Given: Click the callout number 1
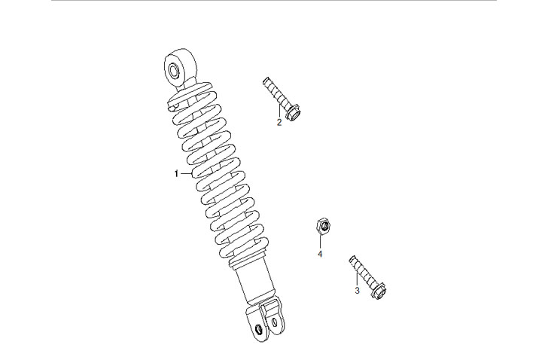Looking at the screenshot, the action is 176,174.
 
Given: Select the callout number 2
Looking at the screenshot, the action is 279,122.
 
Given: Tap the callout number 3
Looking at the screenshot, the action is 357,291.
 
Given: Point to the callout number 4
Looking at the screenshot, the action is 320,254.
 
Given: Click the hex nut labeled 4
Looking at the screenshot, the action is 324,227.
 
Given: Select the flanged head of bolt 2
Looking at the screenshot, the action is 293,113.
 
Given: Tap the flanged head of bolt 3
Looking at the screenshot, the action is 379,291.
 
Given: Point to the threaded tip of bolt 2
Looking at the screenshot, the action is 266,81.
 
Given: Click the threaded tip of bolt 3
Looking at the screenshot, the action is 352,258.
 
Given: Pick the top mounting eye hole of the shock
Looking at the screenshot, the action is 174,72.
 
